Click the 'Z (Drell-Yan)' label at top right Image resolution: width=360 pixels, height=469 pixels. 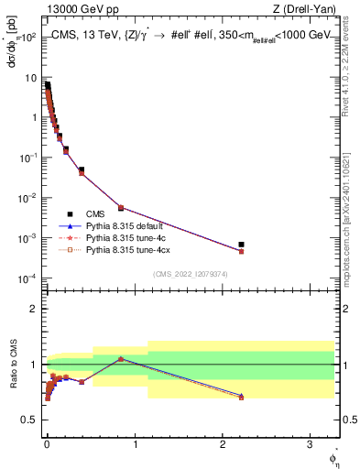tap(308, 11)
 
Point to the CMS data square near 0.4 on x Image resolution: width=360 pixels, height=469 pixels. tap(82, 169)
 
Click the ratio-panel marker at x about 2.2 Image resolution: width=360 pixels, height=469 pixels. tap(241, 397)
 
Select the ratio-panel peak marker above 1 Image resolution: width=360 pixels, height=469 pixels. tap(121, 358)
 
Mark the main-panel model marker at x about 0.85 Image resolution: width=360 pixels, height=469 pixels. tap(121, 208)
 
